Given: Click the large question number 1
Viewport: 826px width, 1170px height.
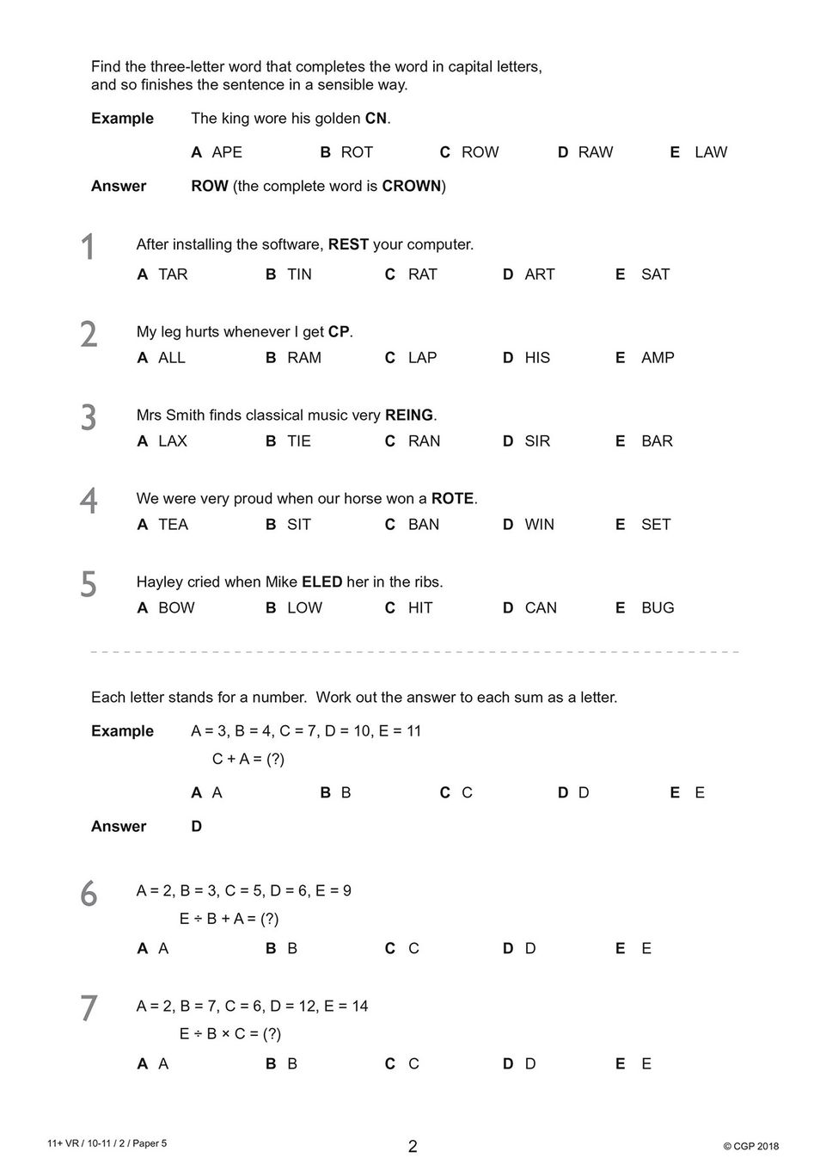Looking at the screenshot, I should [x=88, y=248].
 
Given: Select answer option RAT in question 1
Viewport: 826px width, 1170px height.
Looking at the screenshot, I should [x=422, y=274].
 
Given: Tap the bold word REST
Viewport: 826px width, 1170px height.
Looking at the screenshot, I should [x=348, y=244].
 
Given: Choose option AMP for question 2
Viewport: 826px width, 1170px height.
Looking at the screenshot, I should [x=658, y=358].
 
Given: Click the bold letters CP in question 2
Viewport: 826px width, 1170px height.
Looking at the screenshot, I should [x=339, y=332].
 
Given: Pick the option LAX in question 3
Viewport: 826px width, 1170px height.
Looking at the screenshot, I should [x=172, y=441].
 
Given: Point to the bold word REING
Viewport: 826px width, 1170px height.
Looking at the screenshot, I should [x=409, y=416].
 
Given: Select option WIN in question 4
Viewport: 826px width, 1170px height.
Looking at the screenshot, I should [x=539, y=525].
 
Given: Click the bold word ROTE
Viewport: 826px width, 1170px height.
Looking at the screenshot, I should [x=452, y=499].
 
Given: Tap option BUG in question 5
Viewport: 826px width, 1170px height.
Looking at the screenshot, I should [x=658, y=608].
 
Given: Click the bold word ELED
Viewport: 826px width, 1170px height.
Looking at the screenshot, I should [x=321, y=582].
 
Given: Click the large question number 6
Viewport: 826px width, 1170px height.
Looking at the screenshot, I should [x=89, y=895].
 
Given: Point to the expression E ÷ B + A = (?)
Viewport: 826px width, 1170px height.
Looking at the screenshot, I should [x=229, y=919].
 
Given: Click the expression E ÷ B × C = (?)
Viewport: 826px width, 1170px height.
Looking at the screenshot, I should [x=229, y=1034].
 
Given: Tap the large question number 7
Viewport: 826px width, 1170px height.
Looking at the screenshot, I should [x=89, y=1009].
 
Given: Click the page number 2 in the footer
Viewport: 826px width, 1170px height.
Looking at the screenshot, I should [x=413, y=1146].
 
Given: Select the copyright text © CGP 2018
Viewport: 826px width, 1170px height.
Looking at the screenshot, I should [x=750, y=1146].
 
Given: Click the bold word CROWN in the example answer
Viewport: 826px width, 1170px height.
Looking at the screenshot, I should [x=411, y=187].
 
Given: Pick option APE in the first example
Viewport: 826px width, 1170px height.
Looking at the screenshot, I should [x=227, y=152].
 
